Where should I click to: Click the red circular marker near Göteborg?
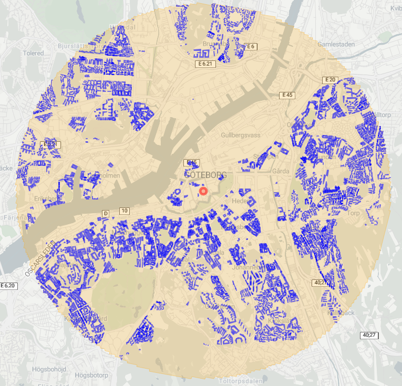(x=204, y=193)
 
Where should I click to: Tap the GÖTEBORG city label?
(x=205, y=175)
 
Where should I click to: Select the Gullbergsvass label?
(x=241, y=135)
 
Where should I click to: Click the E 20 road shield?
(x=329, y=80)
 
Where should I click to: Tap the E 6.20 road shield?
(x=9, y=285)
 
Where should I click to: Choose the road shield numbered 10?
(x=125, y=211)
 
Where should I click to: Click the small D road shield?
(x=106, y=213)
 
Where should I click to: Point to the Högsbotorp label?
(x=91, y=375)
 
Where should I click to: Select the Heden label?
(x=239, y=201)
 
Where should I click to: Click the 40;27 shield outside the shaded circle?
(x=370, y=335)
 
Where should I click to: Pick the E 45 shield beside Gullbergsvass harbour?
(x=287, y=95)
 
